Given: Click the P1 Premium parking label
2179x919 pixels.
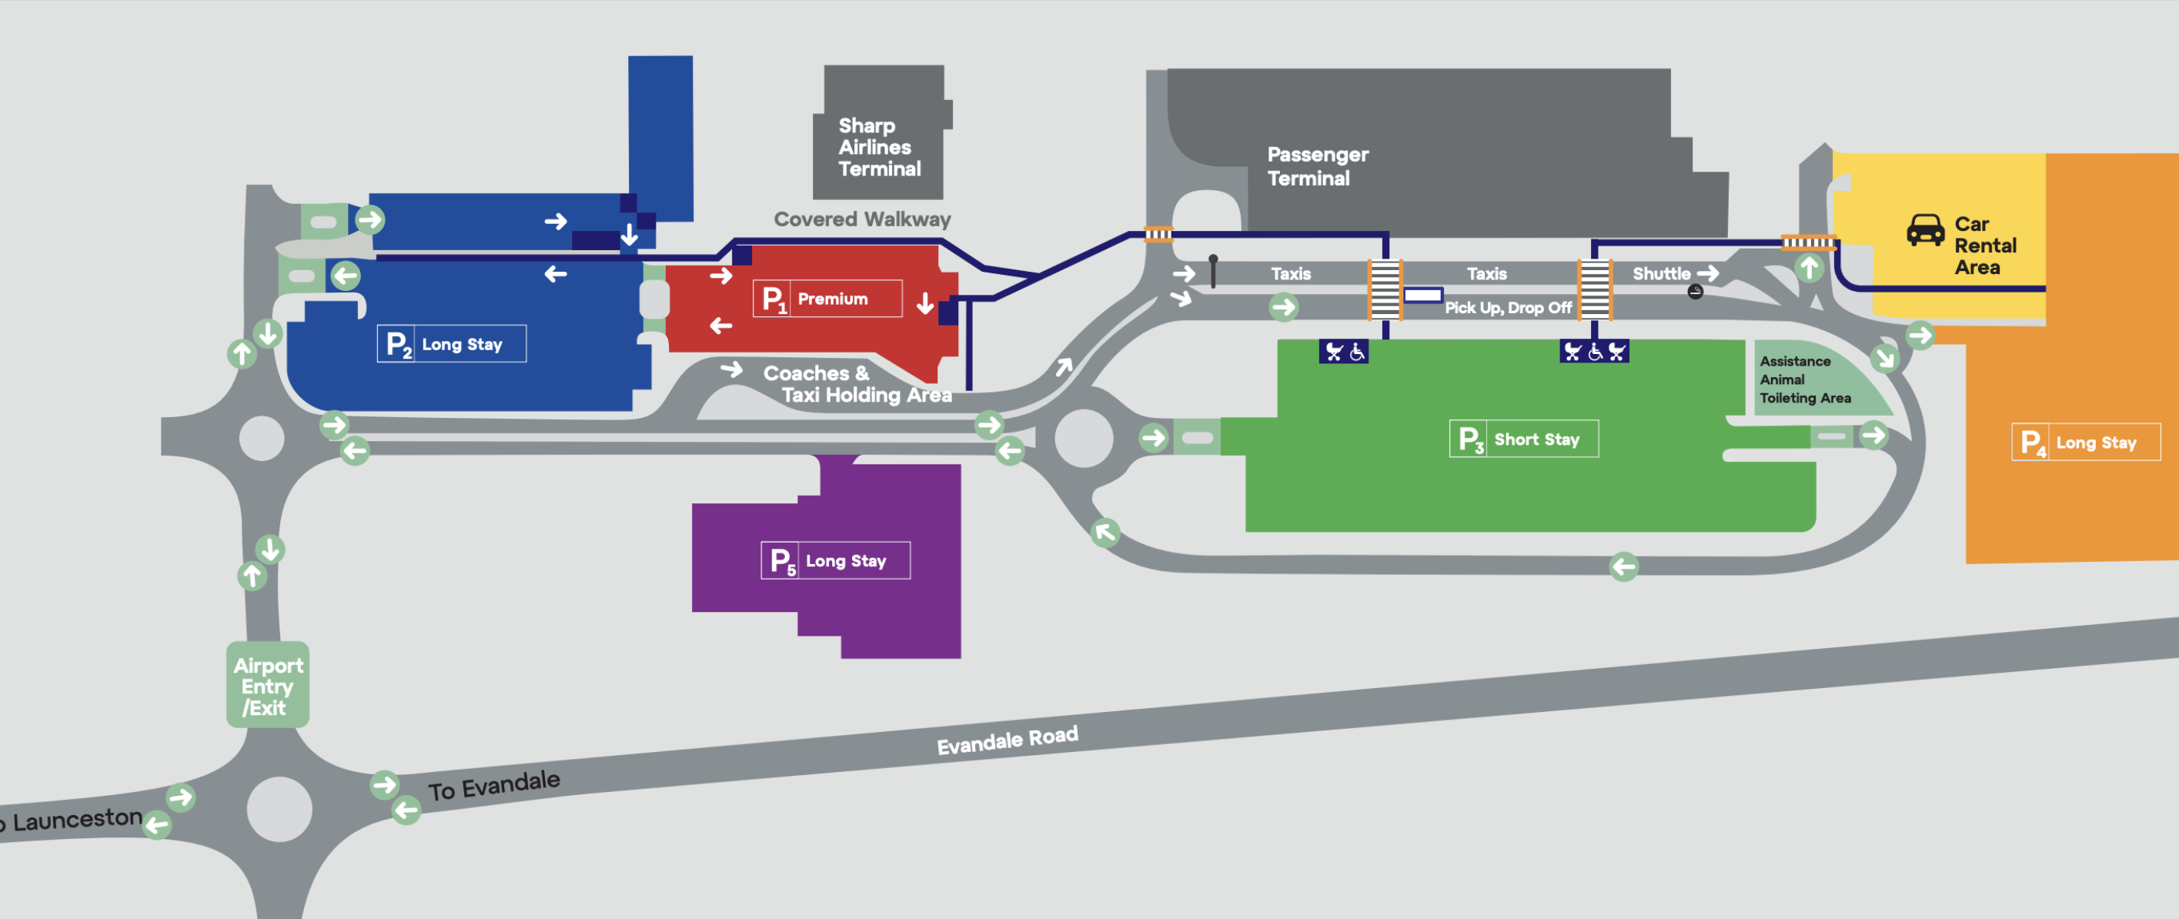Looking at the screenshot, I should click(827, 299).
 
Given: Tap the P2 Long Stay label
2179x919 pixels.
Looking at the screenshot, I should click(451, 344).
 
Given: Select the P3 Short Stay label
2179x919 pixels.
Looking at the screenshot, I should click(1523, 439).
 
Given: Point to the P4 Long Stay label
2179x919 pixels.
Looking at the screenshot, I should click(2085, 443).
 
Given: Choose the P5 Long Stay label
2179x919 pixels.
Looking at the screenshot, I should click(835, 561).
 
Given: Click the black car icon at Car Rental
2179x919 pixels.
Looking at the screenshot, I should click(1925, 229).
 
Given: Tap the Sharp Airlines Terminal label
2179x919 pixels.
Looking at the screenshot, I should click(879, 147).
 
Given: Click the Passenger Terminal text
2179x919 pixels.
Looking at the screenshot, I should click(1316, 165).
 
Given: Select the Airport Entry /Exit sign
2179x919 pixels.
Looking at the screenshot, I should click(267, 686).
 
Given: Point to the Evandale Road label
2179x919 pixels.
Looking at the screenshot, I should click(1007, 740).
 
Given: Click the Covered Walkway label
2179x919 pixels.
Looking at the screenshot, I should click(862, 219).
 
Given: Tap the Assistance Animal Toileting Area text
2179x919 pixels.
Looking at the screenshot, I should click(1804, 379).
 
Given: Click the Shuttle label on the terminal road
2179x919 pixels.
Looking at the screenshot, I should click(1661, 273).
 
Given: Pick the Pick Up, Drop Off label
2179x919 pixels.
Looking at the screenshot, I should click(1507, 308).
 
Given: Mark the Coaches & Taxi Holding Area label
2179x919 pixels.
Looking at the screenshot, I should click(856, 384).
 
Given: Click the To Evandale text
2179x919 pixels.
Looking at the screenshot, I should click(493, 785).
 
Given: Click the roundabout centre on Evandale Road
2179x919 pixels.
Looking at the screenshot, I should click(279, 808).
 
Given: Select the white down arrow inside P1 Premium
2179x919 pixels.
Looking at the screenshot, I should click(925, 302).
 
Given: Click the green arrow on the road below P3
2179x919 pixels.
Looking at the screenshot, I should click(1623, 566).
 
